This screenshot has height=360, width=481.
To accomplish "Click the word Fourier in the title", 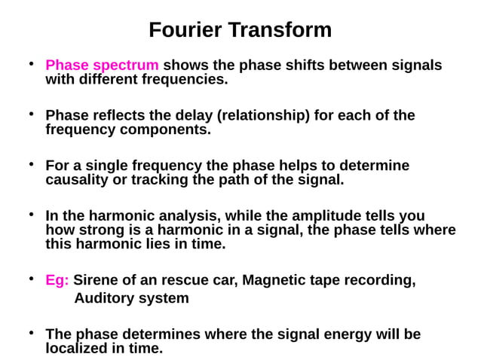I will pyautogui.click(x=185, y=30).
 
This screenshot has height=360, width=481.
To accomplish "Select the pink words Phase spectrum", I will pyautogui.click(x=103, y=65).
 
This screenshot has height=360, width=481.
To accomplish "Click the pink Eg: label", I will pyautogui.click(x=57, y=280).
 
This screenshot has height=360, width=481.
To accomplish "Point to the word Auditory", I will pyautogui.click(x=105, y=298).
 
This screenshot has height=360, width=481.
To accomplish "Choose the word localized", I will pyautogui.click(x=78, y=348).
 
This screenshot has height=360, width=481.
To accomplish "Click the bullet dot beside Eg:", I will pyautogui.click(x=32, y=279).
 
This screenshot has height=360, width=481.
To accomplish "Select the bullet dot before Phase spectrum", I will pyautogui.click(x=32, y=63).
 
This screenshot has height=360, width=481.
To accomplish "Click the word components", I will pyautogui.click(x=167, y=130).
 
